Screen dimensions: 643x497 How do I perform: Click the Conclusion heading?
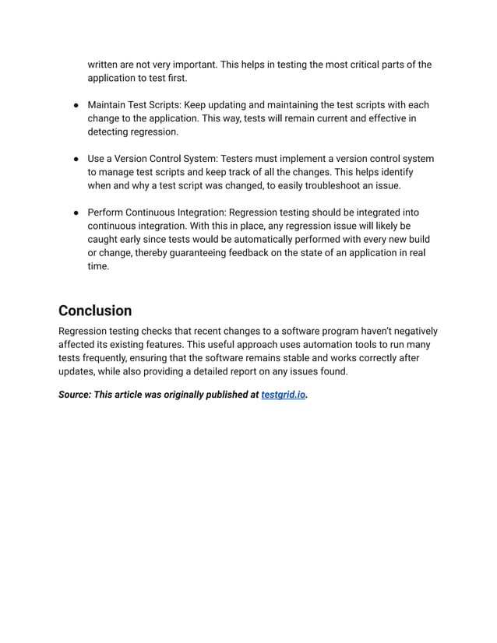pos(95,311)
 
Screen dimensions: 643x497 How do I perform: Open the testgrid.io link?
pos(284,395)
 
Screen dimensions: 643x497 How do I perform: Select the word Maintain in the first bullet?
pos(108,105)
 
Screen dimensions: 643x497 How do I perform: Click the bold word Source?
pos(74,395)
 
